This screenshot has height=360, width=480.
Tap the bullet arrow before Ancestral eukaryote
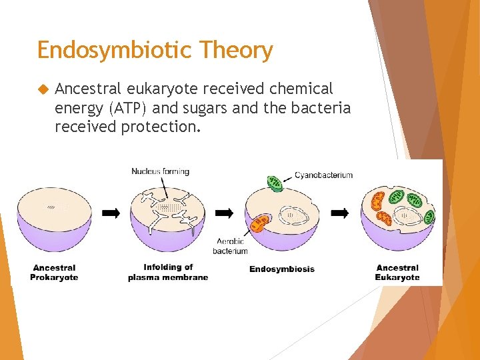(44, 89)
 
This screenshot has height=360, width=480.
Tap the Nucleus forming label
(160, 171)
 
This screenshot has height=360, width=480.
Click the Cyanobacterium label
(324, 175)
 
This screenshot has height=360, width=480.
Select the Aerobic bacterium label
(231, 246)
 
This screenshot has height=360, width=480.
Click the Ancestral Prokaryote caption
(54, 273)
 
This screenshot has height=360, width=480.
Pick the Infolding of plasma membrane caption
(167, 273)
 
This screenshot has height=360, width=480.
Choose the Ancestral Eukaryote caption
(397, 273)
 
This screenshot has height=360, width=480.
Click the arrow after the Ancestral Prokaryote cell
(111, 213)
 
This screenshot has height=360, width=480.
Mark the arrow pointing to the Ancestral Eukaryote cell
(340, 213)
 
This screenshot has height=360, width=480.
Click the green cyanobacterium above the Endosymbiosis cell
(275, 183)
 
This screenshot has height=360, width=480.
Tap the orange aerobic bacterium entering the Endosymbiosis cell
(260, 222)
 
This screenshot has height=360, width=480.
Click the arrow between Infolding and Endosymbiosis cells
(225, 213)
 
